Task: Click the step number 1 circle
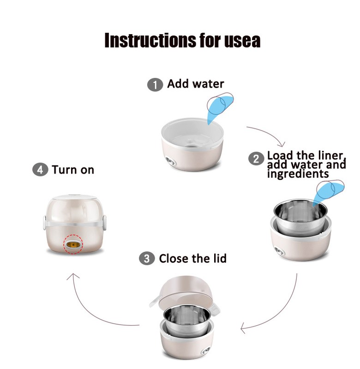[155, 85]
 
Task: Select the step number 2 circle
[256, 159]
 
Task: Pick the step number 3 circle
[147, 259]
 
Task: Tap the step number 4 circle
[40, 169]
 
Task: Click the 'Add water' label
[195, 84]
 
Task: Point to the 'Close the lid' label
[192, 258]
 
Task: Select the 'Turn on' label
[73, 170]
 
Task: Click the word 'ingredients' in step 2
[298, 174]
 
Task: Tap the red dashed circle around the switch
[73, 244]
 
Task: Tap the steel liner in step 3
[186, 321]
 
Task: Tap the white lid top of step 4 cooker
[74, 197]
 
